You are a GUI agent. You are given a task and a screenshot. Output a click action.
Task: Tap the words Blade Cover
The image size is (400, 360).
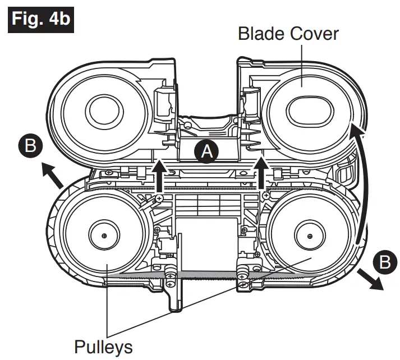pos(288,34)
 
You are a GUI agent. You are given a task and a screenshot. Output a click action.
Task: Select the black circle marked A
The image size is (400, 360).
pos(207,151)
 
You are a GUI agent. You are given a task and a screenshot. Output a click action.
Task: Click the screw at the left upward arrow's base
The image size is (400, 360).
pos(159,199)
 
